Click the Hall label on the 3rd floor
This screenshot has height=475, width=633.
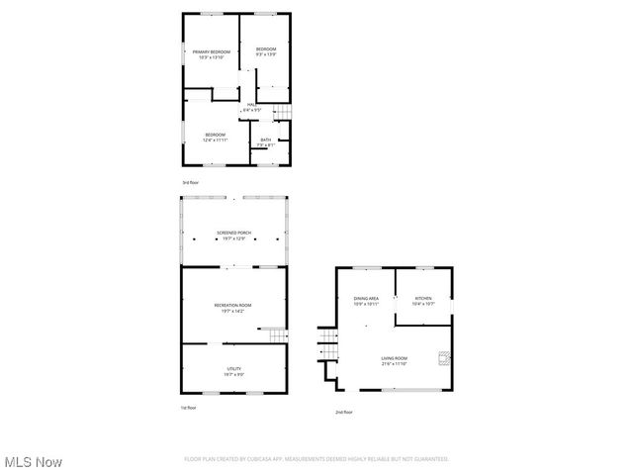[x=251, y=106]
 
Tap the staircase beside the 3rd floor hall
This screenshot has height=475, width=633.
[x=282, y=112]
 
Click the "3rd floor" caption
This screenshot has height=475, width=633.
[x=190, y=183]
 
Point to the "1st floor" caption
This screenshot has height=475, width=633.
[x=189, y=408]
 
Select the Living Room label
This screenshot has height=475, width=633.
[x=395, y=361]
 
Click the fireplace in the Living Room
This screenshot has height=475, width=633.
[x=446, y=358]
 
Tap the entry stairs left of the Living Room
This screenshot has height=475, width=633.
[x=327, y=347]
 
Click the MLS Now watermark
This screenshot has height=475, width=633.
[x=34, y=462]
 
